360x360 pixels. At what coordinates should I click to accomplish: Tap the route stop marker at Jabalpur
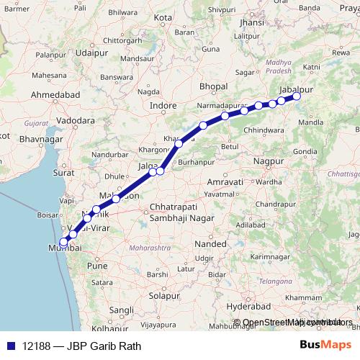point(296,96)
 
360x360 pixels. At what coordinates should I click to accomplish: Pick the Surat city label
point(63,174)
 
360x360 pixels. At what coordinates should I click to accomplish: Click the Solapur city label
point(164,295)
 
